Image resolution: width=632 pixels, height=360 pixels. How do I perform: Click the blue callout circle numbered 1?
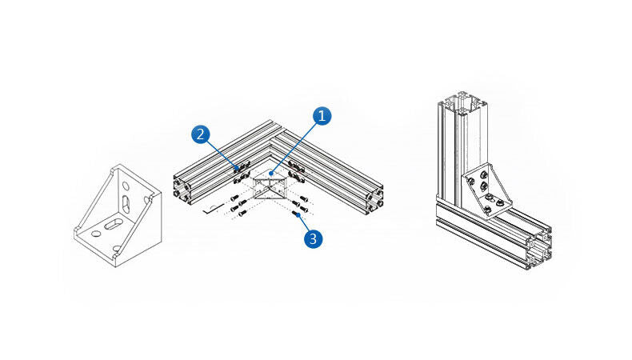[322, 116]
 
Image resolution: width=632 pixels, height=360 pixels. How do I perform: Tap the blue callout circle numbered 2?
[200, 134]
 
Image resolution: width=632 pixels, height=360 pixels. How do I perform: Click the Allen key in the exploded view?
[210, 210]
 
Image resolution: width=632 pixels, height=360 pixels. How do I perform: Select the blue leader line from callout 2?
[222, 152]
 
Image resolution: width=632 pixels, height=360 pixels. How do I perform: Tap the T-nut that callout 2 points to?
[238, 168]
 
